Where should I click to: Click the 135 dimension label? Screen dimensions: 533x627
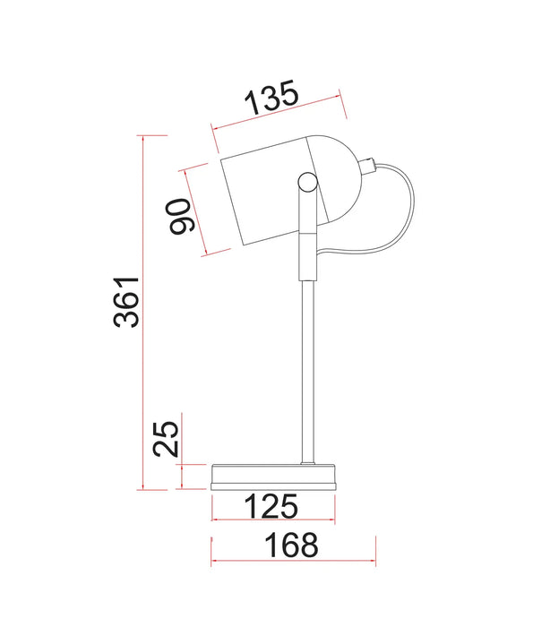click(272, 97)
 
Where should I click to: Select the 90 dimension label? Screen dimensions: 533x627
click(179, 216)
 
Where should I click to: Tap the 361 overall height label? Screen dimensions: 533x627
click(126, 302)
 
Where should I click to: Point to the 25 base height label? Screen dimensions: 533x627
click(166, 439)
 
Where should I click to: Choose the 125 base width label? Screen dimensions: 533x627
click(271, 506)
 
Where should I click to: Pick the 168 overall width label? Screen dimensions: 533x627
click(291, 545)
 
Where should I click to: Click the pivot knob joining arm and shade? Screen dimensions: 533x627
click(307, 182)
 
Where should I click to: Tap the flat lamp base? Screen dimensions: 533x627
click(274, 477)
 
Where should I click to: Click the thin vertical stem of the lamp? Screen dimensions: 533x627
click(307, 372)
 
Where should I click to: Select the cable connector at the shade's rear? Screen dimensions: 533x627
click(368, 166)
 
